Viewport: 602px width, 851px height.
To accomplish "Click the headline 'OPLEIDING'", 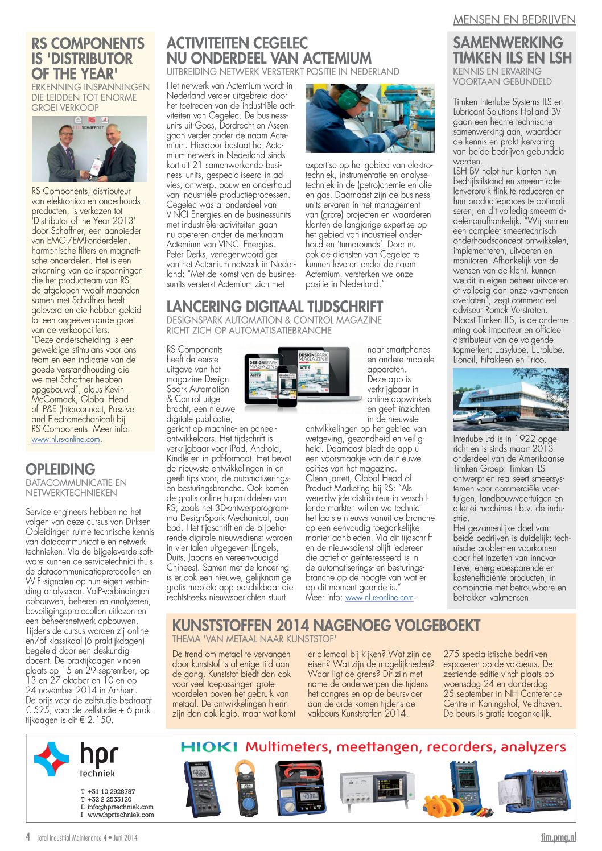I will tap(60, 469).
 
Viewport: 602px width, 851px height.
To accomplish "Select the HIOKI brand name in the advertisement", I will tap(209, 747).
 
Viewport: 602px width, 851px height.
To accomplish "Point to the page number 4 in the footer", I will tap(28, 837).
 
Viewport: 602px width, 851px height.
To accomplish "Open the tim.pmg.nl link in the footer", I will tap(558, 837).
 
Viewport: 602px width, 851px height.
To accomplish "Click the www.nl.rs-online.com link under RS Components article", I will tap(65, 440).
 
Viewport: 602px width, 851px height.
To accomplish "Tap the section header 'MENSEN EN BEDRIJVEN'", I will tap(514, 20).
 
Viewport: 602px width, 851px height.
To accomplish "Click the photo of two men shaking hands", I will tap(89, 149).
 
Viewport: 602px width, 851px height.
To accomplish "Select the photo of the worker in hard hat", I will tap(370, 118).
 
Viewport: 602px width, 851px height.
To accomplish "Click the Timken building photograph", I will tap(510, 399).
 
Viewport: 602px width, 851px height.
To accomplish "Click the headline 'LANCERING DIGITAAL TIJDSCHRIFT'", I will tap(274, 307).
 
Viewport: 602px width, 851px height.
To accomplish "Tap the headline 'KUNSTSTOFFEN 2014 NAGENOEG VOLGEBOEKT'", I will tap(326, 626).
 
